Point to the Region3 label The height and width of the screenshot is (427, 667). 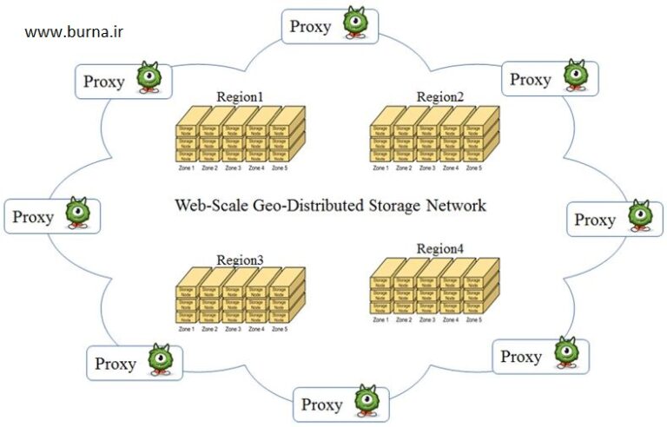point(241,259)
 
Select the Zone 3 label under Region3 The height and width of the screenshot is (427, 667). point(233,329)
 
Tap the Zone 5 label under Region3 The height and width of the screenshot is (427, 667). point(279,329)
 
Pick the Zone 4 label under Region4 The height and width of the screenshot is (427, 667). point(451,320)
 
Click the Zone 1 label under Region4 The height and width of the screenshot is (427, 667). point(381,320)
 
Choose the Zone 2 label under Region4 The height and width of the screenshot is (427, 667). point(405,320)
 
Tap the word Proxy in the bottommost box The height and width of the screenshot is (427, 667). point(322,404)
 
